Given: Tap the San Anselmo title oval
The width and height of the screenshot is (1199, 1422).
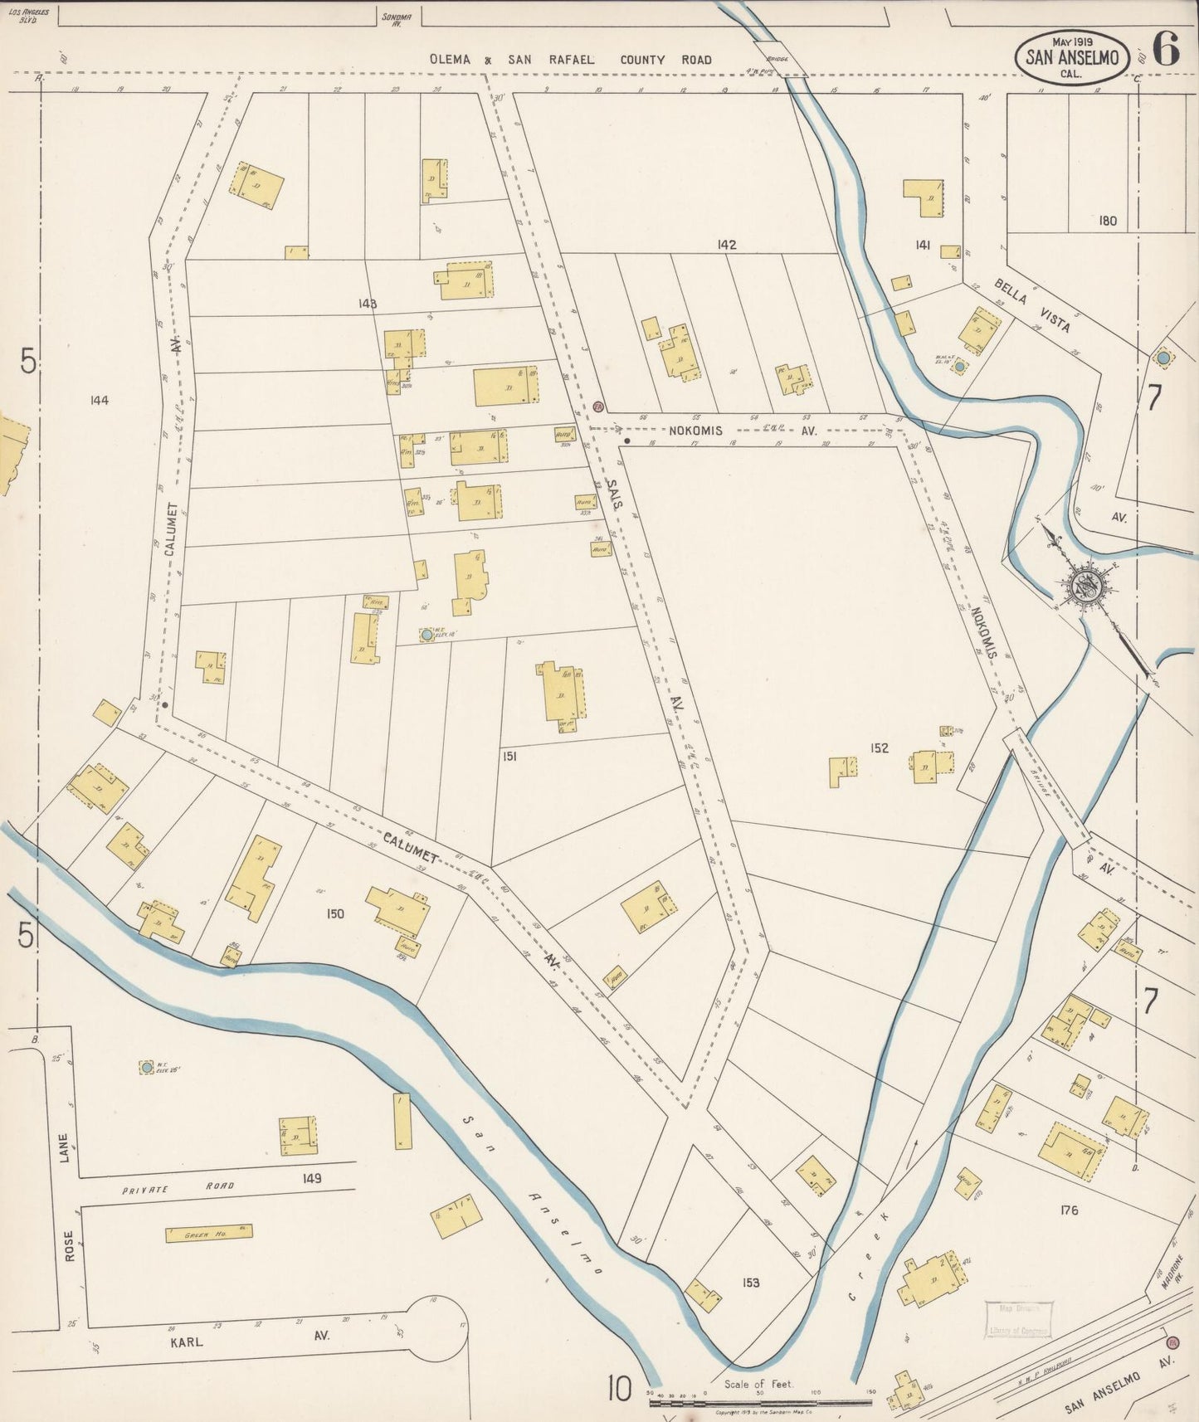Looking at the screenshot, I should click(x=1072, y=57).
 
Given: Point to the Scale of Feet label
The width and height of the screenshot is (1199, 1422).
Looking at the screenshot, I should click(x=758, y=1384).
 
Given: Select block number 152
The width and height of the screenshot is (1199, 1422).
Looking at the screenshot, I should click(x=880, y=748).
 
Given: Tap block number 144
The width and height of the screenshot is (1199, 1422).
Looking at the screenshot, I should click(x=99, y=400).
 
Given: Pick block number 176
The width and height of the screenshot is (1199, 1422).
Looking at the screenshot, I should click(x=1069, y=1210).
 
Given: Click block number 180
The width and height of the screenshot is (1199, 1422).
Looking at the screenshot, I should click(x=1107, y=221).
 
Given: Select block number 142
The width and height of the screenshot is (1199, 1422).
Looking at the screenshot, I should click(x=728, y=245).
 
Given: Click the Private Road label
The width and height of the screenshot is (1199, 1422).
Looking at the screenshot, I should click(x=178, y=1188).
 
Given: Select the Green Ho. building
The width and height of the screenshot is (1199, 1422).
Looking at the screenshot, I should click(x=207, y=1234).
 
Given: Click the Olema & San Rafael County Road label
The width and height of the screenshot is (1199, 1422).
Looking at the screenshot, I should click(x=570, y=60).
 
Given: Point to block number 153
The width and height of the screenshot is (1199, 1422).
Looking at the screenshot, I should click(x=750, y=1283).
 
